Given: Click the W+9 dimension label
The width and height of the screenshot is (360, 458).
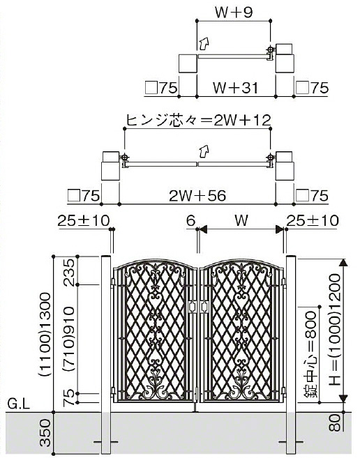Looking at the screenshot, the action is coord(233,13).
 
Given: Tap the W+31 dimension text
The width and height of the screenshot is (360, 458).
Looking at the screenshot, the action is coord(236,88).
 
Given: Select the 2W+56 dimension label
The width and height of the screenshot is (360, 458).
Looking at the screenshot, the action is coord(197,196).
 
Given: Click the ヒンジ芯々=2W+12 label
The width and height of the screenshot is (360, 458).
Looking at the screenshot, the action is coord(199,120).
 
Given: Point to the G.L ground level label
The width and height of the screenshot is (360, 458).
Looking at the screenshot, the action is coord(18,404).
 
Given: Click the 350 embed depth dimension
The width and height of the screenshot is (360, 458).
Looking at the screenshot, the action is coord(45,433).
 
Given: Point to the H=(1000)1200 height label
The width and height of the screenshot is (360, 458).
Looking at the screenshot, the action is coord(335,330).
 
